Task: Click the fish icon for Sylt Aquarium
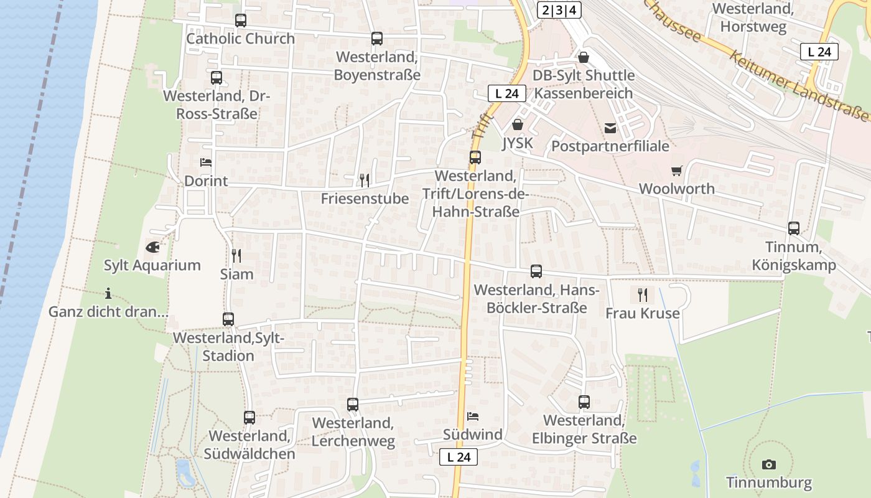[x=152, y=247]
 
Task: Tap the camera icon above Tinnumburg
[x=769, y=464]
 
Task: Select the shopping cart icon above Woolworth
[x=676, y=171]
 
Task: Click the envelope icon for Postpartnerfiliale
[x=610, y=128]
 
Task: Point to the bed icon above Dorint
[x=206, y=162]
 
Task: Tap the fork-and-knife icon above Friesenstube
[x=365, y=181]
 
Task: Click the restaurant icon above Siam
[x=236, y=255]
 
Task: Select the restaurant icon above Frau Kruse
[x=643, y=294]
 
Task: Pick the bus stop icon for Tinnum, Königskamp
[x=794, y=228]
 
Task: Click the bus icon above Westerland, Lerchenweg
[x=353, y=405]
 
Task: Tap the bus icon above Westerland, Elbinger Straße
[x=584, y=402]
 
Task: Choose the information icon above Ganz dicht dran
[x=108, y=293]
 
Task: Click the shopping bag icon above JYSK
[x=517, y=125]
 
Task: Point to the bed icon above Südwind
[x=473, y=416]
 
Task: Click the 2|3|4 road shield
[x=558, y=10]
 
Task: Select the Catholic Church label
[x=241, y=39]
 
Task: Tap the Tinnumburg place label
[x=769, y=482]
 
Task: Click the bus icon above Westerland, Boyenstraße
[x=377, y=39]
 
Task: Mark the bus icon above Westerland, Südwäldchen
[x=249, y=418]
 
